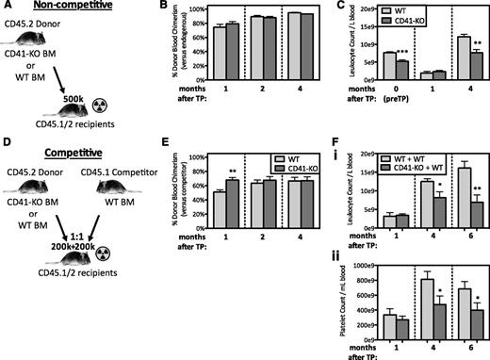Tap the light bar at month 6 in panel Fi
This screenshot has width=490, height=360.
461,198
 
